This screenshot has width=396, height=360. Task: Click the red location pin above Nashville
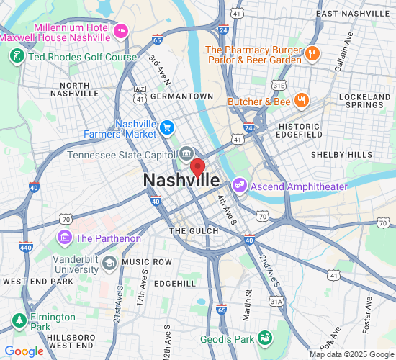coord(197,168)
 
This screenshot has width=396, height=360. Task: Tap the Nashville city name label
coord(181,181)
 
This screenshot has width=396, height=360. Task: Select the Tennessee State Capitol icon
coord(186,153)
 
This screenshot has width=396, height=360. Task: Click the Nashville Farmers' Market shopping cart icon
coord(167,127)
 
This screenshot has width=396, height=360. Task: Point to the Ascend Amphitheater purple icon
coord(240,186)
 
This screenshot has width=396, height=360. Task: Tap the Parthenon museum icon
coord(64,237)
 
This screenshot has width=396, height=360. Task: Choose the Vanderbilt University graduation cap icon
coord(109,261)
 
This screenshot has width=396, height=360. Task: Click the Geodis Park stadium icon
coord(266,337)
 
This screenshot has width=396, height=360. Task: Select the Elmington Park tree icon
coord(17,320)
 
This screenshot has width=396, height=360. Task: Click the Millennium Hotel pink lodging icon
coord(120,30)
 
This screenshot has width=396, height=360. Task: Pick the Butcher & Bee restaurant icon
coord(302,101)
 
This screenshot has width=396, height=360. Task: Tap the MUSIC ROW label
coord(147,261)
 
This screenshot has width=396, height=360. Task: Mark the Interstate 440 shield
coord(25,246)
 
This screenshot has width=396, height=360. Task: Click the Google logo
coord(24,351)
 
